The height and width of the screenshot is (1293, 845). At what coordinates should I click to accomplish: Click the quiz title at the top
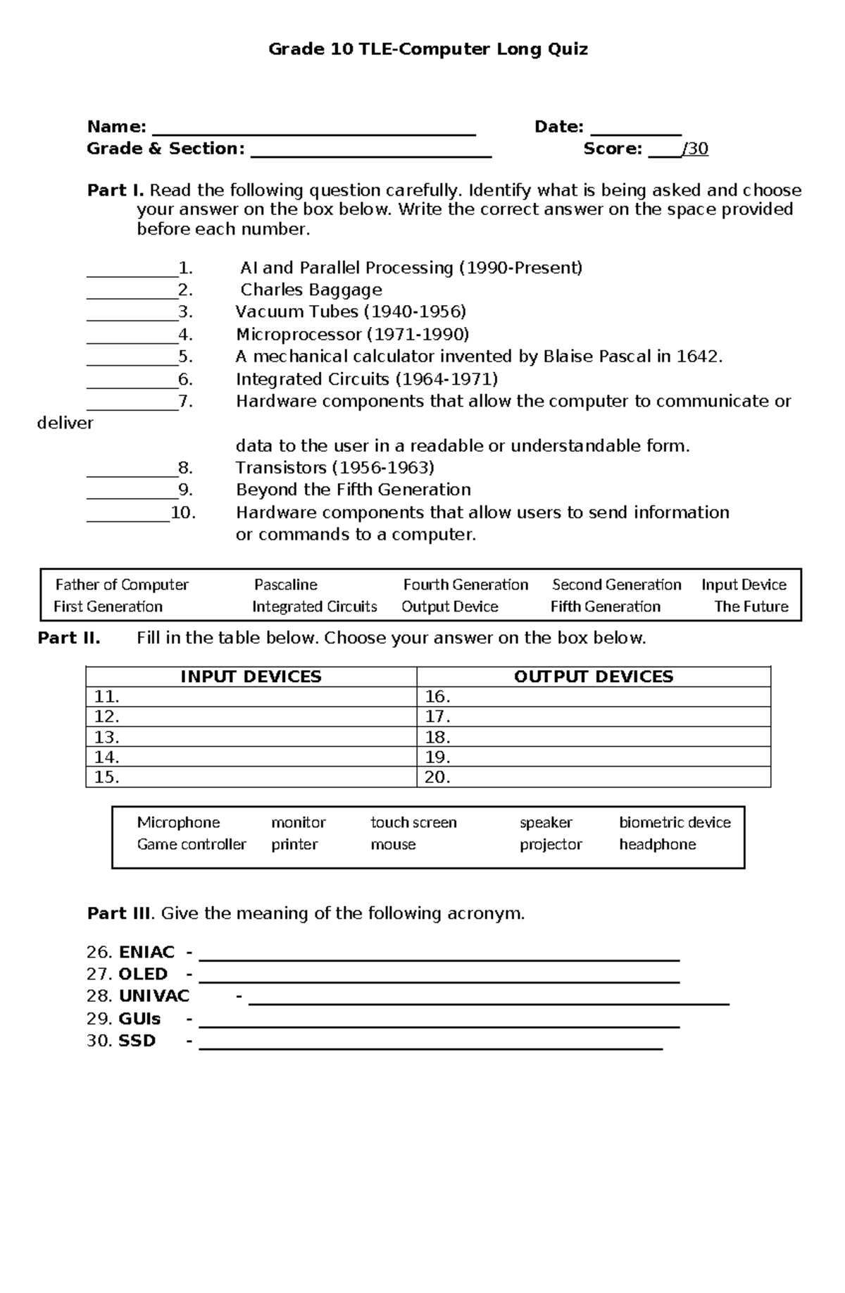pos(428,49)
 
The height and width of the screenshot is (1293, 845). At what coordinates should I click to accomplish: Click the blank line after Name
pos(314,131)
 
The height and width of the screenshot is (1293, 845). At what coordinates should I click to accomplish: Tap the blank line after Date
pos(636,131)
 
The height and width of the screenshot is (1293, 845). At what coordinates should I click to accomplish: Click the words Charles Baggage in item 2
pos(311,290)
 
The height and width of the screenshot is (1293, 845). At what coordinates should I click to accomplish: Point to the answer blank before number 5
pos(132,361)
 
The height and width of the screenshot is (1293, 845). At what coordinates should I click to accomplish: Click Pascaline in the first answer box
pos(285,585)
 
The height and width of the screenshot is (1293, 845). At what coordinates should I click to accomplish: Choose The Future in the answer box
pos(751,607)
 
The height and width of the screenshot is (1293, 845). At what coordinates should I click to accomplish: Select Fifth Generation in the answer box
pos(605,607)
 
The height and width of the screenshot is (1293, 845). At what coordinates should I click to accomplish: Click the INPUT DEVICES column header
pos(251,676)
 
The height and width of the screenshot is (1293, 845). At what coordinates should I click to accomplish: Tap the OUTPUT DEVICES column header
pos(593,676)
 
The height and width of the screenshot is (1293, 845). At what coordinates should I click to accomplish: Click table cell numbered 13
pos(251,737)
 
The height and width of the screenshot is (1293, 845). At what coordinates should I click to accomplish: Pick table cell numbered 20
pos(593,777)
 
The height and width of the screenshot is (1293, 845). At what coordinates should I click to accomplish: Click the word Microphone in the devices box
pos(178,822)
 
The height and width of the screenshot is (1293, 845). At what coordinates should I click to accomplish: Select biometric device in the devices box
pos(674,822)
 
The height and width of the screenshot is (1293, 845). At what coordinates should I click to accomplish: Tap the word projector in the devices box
pos(551,844)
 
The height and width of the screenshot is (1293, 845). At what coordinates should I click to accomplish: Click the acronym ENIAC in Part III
pos(146,952)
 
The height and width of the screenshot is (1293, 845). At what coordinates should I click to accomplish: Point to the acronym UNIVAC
pos(154,996)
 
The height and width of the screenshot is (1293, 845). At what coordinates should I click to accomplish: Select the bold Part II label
pos(68,638)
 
